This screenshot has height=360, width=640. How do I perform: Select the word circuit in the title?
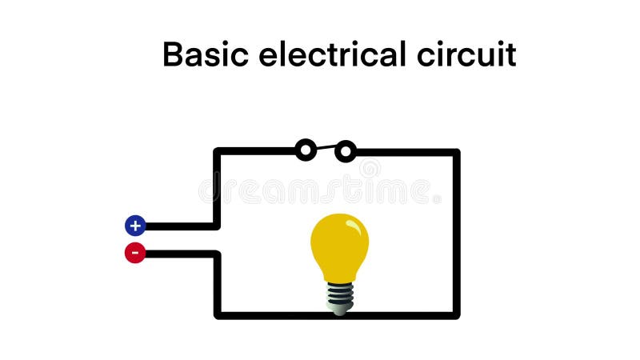pos(467,55)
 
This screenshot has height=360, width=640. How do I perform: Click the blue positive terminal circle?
pos(135,226)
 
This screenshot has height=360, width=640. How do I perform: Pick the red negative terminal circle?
pos(135,254)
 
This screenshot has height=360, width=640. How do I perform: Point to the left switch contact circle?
pos(306,150)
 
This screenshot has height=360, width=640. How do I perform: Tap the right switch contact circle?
pos(346,150)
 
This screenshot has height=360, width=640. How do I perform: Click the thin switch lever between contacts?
pos(326,147)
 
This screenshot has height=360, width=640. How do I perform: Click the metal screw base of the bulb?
pos(340,298)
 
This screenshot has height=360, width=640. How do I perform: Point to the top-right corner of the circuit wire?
pos(457,151)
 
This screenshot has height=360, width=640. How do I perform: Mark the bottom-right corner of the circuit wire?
pos(457,315)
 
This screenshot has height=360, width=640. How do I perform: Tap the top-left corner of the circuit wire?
pos(217,151)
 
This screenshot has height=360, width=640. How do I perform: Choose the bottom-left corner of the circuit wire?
pos(217,315)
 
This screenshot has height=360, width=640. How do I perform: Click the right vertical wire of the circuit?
pos(457,232)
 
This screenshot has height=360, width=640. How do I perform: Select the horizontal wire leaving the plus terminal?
pos(180,226)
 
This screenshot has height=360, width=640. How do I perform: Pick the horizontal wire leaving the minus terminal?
pos(180,254)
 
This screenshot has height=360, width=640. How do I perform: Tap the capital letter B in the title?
pos(174,55)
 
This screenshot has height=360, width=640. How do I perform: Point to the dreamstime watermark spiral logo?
pos(370,169)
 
